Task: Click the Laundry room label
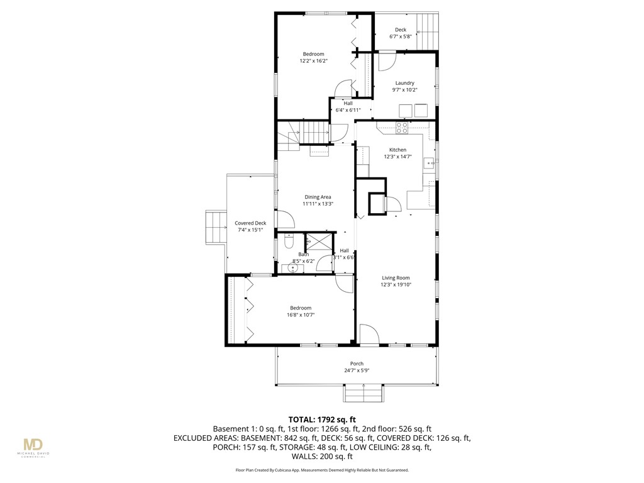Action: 404,83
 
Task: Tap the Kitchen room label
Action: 397,150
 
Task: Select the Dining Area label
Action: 318,197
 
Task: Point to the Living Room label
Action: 396,278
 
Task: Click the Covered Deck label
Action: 250,223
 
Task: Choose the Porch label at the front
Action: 357,364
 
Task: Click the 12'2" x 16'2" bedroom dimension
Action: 313,61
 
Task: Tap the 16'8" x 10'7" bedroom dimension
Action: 301,314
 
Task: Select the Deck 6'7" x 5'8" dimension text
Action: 400,36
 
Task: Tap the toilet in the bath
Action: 288,241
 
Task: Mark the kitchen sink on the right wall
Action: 431,164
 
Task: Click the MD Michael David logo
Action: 36,447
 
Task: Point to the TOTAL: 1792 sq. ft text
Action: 322,419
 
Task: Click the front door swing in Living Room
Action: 370,333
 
